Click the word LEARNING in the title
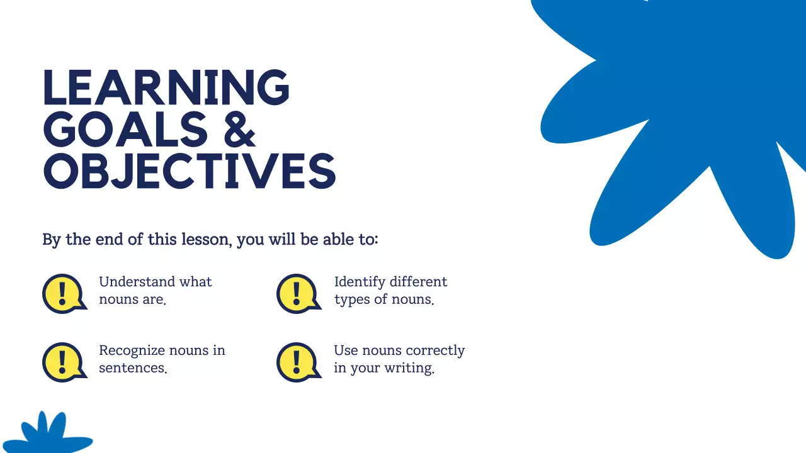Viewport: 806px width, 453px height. coord(166,87)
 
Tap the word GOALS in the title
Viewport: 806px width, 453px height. coord(125,129)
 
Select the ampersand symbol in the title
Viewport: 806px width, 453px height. coord(239,129)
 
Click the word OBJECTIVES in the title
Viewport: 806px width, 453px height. coord(189,171)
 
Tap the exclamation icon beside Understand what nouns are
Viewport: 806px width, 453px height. coord(63,293)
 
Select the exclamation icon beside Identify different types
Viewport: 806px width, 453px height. coord(297,293)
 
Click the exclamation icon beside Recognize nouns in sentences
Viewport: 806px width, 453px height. coord(63,362)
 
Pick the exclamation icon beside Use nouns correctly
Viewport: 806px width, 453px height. coord(297,362)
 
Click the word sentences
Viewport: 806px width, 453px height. coord(132,368)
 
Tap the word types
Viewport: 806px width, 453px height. coord(352,300)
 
